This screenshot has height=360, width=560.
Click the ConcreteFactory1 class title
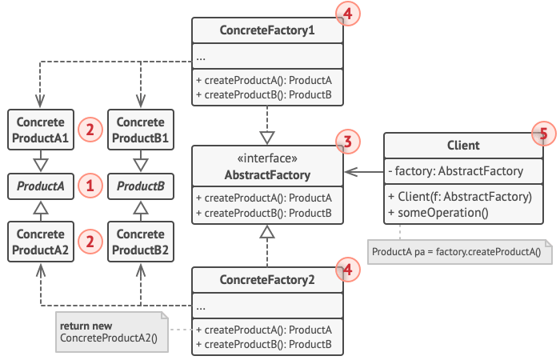tap(267, 30)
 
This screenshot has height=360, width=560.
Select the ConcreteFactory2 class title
tap(267, 279)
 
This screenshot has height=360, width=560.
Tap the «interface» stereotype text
tap(267, 158)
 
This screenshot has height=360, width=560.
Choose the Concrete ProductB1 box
tap(141, 130)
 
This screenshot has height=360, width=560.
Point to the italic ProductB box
tap(141, 187)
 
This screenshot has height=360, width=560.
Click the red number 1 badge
tap(90, 187)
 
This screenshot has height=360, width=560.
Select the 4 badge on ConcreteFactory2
tap(346, 269)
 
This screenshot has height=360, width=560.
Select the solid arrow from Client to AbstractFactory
tap(364, 171)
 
